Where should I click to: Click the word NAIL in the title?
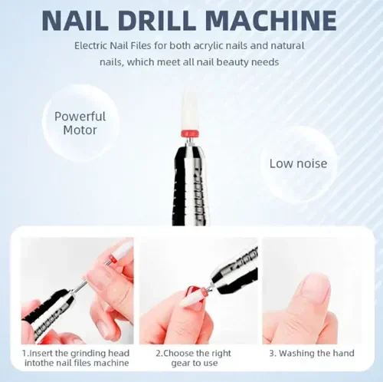click(x=75, y=20)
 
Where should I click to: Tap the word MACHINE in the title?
click(x=271, y=20)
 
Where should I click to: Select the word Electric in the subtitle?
click(x=90, y=46)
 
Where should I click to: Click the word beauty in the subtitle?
click(x=232, y=62)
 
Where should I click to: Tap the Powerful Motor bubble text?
click(x=80, y=123)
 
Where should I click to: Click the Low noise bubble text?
click(x=298, y=163)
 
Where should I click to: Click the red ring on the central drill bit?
click(x=190, y=133)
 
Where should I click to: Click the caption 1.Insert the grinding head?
click(x=76, y=354)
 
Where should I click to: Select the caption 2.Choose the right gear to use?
click(x=194, y=358)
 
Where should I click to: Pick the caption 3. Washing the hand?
click(x=312, y=354)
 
